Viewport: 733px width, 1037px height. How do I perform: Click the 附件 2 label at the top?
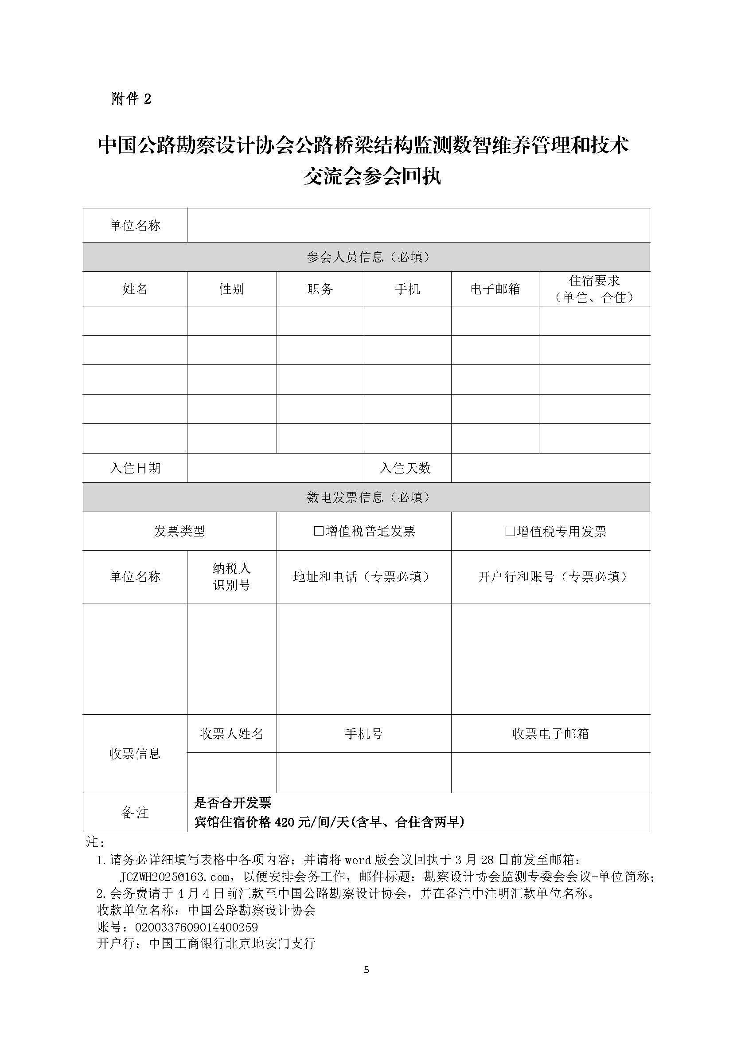coord(131,98)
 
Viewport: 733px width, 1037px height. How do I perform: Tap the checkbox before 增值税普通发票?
coord(319,531)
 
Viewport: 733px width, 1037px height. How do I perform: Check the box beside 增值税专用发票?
coord(510,531)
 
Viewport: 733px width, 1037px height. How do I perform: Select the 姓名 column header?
coord(135,289)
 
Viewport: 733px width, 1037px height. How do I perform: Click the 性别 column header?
coord(231,289)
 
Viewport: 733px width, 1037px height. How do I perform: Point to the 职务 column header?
coord(320,289)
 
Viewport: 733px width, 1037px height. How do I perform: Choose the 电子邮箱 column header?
coord(495,289)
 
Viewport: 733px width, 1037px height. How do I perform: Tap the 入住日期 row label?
coord(135,468)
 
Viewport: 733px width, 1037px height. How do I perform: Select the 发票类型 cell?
coord(179,531)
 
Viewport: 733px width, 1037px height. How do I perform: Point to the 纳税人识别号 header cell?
coord(231,577)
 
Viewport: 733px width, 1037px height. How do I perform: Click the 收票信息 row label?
coord(135,753)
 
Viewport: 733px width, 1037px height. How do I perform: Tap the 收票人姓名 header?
coord(231,733)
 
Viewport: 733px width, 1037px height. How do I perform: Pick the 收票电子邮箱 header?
coord(550,733)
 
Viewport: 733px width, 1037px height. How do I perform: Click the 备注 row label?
coord(135,813)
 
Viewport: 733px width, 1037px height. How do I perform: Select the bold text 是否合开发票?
coord(233,802)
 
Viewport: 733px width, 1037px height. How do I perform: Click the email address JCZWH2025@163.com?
coord(175,877)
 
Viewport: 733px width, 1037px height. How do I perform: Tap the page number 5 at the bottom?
coord(366,970)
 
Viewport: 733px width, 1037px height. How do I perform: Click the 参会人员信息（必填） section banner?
coord(366,257)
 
